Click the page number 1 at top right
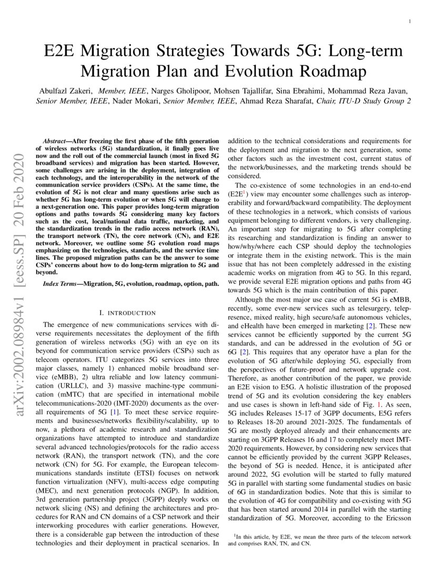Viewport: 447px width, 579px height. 409,22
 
